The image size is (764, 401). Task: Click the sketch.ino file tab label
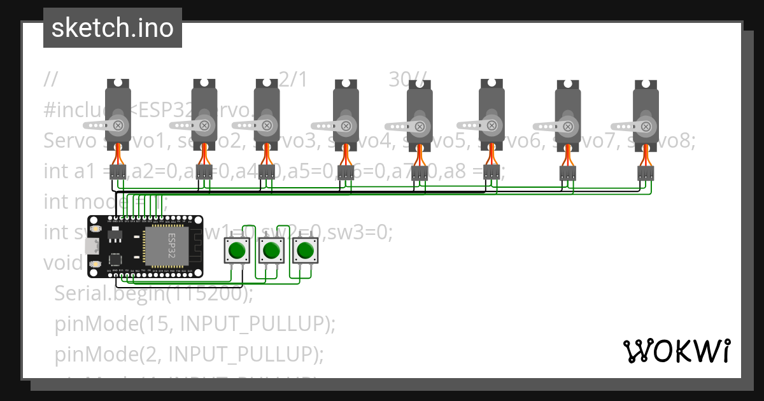tap(112, 28)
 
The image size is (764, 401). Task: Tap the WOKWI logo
tap(676, 351)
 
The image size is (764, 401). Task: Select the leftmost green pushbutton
tap(237, 250)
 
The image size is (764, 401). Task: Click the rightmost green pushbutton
tap(306, 250)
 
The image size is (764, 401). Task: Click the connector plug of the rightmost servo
tap(646, 172)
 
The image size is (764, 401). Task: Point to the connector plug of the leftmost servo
tap(118, 171)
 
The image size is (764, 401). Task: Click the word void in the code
tap(62, 262)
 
